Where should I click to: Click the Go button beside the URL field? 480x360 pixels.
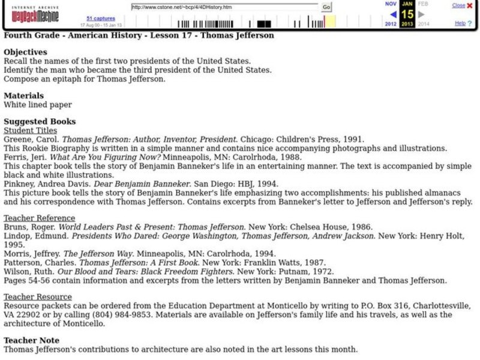pos(326,7)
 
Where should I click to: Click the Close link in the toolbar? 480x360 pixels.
pos(458,5)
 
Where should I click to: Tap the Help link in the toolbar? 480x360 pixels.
pos(460,23)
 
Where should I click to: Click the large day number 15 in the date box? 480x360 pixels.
pos(407,14)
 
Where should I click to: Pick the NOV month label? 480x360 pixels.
pos(391,4)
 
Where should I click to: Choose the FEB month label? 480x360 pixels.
pos(423,4)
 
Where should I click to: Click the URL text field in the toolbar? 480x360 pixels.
pos(224,7)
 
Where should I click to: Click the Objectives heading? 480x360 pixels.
pos(25,52)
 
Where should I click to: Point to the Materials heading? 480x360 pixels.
pos(24,95)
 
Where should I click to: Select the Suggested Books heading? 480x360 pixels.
pos(40,121)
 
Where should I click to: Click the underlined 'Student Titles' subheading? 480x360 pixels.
pos(31,130)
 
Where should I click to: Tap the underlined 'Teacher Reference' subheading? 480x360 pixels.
pos(40,218)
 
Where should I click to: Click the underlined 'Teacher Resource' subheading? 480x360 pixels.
pos(38,297)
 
